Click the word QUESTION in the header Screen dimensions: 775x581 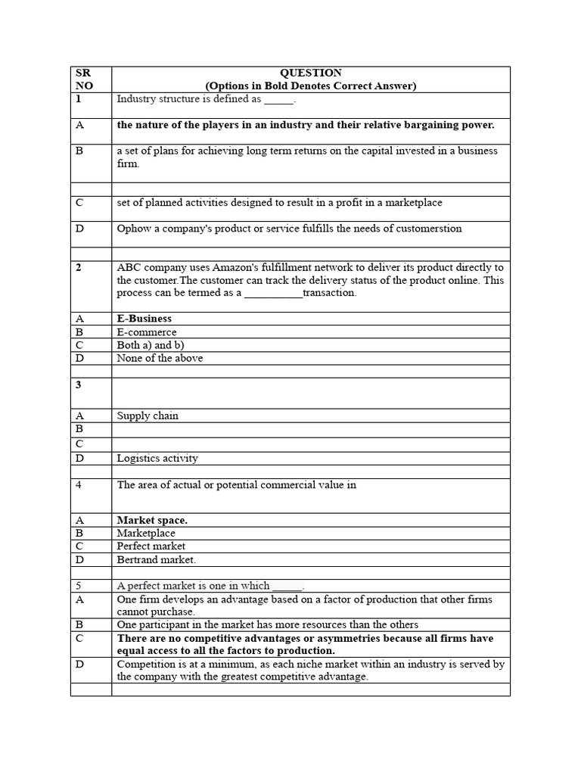point(310,73)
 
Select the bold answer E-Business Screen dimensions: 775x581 point(144,319)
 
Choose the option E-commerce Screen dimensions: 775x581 point(147,332)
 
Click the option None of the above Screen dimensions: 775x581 point(160,358)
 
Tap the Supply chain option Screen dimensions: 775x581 point(148,416)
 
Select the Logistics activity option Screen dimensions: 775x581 point(157,458)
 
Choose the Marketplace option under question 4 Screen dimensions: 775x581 point(146,533)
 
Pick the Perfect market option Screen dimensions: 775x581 point(151,546)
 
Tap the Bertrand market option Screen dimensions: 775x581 point(156,559)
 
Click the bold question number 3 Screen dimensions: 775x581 point(78,384)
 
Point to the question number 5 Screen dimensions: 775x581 point(78,585)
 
